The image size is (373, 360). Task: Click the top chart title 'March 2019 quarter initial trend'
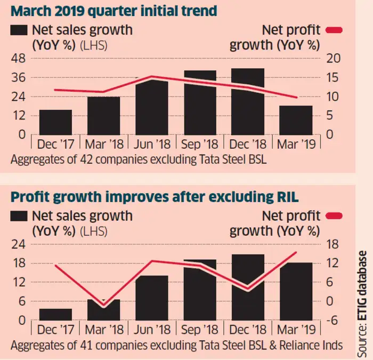pos(113,10)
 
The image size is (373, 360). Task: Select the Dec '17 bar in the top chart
pos(55,122)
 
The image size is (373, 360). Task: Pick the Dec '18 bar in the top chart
pos(248,101)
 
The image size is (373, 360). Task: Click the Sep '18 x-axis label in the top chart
pos(200,144)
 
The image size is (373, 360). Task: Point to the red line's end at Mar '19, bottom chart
pos(296,253)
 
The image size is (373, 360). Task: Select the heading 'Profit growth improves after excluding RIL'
pos(150,196)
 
